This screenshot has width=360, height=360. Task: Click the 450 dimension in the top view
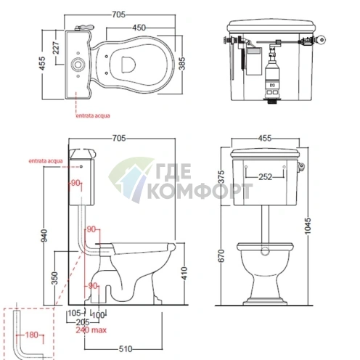[x=139, y=28]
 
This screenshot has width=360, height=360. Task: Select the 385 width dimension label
[x=182, y=63]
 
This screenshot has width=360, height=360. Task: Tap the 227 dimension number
[x=56, y=48]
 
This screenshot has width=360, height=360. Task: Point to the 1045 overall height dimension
[x=308, y=226]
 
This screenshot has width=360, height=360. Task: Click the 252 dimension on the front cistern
[x=266, y=177]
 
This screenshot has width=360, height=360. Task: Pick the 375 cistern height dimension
[x=221, y=177]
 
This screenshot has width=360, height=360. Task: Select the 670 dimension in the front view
[x=221, y=255]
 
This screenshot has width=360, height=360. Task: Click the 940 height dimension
[x=44, y=235]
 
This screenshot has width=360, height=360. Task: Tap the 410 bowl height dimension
[x=184, y=273]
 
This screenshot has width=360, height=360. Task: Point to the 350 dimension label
[x=55, y=278]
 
